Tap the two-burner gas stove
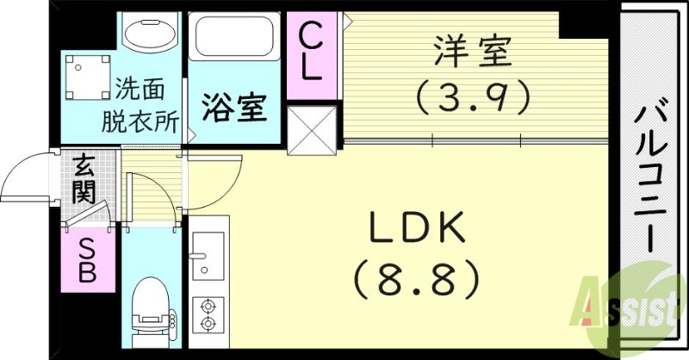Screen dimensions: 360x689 click(x=207, y=313)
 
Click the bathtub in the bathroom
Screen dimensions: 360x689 click(x=234, y=39)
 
